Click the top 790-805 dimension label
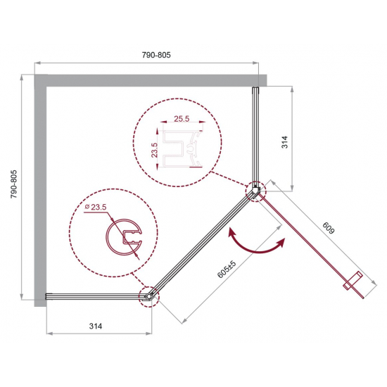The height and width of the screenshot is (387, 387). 156,55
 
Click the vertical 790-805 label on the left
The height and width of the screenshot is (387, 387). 13,184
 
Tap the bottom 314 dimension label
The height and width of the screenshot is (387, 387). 96,326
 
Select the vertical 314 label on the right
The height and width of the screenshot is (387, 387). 284,141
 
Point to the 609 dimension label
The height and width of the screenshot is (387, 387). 329,228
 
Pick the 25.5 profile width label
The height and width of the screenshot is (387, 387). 182,119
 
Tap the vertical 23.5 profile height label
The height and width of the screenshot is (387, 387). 154,150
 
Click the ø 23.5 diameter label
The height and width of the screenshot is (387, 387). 95,207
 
